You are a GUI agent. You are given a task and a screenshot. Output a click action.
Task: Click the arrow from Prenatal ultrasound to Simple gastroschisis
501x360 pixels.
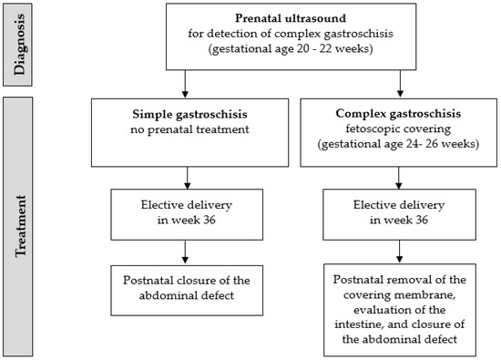click(187, 84)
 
